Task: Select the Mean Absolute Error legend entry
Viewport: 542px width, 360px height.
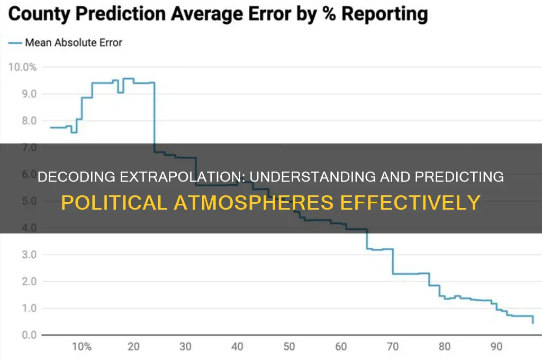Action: [73, 42]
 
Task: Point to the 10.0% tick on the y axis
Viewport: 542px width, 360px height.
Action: [21, 67]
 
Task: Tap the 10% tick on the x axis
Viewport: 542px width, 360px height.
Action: [81, 347]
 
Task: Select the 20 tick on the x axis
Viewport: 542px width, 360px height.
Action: [133, 347]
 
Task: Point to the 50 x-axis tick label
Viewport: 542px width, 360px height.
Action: [289, 347]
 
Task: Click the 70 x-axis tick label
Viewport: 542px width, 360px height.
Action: [393, 347]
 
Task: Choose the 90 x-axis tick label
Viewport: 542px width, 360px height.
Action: [496, 347]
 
